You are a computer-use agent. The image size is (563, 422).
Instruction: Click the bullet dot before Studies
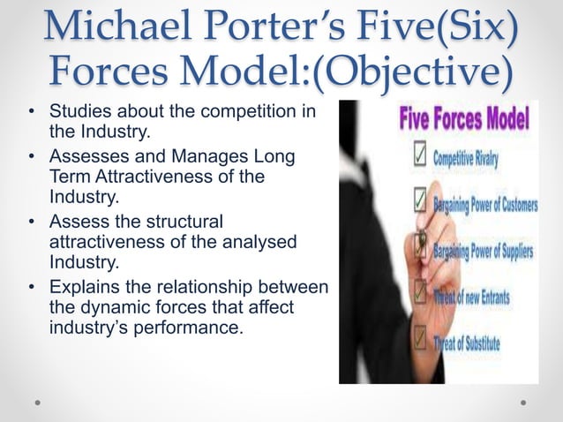31,114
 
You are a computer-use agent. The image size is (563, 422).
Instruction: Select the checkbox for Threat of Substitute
420,339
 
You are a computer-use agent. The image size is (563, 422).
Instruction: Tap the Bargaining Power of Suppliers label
483,252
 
